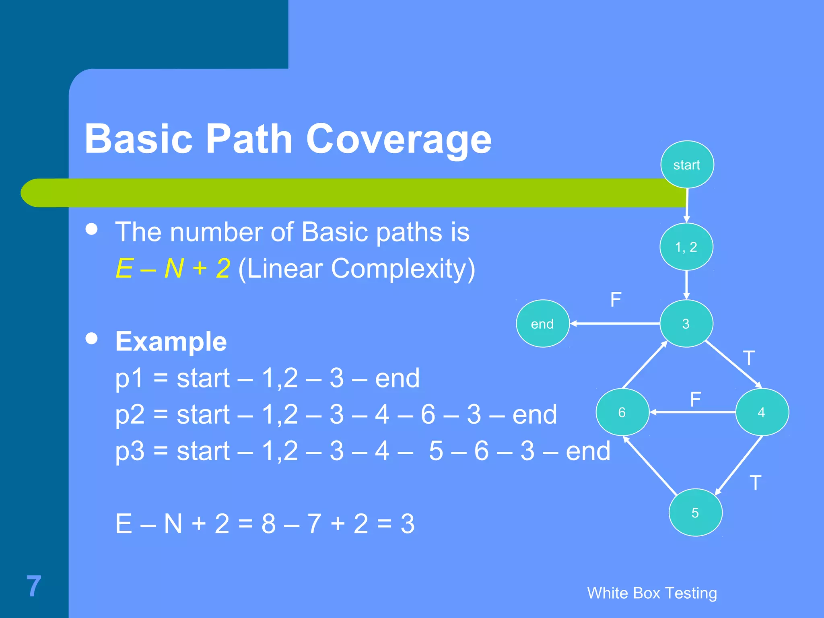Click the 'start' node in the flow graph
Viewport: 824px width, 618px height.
tap(687, 165)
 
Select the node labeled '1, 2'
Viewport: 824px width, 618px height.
tap(686, 247)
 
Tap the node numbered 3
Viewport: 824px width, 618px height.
tap(686, 323)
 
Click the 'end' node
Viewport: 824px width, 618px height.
tap(542, 323)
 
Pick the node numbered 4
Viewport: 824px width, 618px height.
tap(762, 412)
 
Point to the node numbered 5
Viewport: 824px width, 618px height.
tap(695, 512)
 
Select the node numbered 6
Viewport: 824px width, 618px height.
tap(622, 412)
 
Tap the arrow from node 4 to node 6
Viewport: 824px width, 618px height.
tap(692, 412)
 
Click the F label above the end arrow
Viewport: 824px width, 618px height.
tap(616, 300)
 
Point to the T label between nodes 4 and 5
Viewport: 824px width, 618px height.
tap(755, 483)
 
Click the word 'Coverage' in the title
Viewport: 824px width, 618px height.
tap(398, 139)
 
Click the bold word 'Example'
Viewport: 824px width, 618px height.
tap(171, 342)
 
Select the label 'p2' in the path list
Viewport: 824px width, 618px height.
tap(130, 415)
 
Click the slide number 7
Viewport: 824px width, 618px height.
tap(34, 586)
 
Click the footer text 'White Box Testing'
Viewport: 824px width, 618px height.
tap(652, 593)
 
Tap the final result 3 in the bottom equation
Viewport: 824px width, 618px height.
tap(407, 524)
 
